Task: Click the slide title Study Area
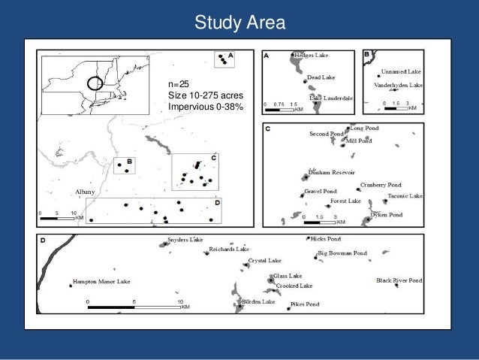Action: tap(239, 23)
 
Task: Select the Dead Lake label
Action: tap(321, 77)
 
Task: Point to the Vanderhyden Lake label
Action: tap(399, 86)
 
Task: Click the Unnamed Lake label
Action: tap(403, 71)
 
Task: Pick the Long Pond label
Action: tap(365, 129)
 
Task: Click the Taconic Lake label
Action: tap(405, 196)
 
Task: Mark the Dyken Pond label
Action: tap(389, 215)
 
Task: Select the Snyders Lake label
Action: tap(185, 240)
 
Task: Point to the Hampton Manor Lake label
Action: tap(101, 282)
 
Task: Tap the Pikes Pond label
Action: tap(305, 304)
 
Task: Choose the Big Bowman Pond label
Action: tap(343, 253)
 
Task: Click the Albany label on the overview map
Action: tap(84, 193)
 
